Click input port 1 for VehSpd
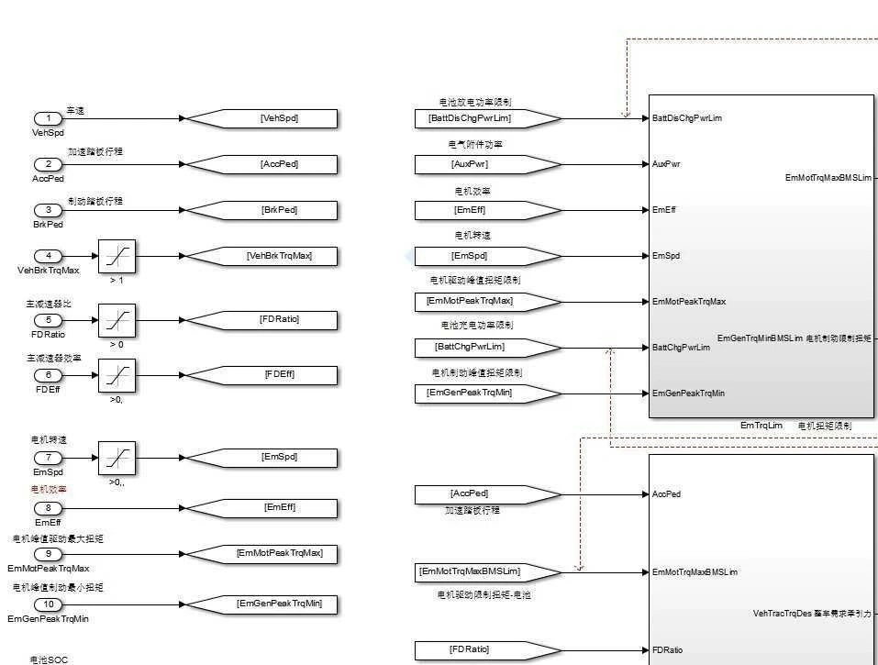(48, 118)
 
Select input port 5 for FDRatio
(48, 320)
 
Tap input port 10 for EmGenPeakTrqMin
(48, 604)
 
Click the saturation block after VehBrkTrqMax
(117, 256)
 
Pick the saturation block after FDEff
(117, 375)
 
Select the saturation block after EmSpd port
(117, 458)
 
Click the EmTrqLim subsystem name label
(761, 426)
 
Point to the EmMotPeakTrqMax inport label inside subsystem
(689, 302)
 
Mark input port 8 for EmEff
(48, 508)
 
